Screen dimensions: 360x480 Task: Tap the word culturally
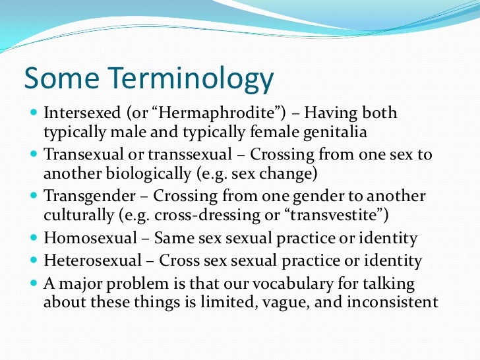(x=78, y=215)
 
